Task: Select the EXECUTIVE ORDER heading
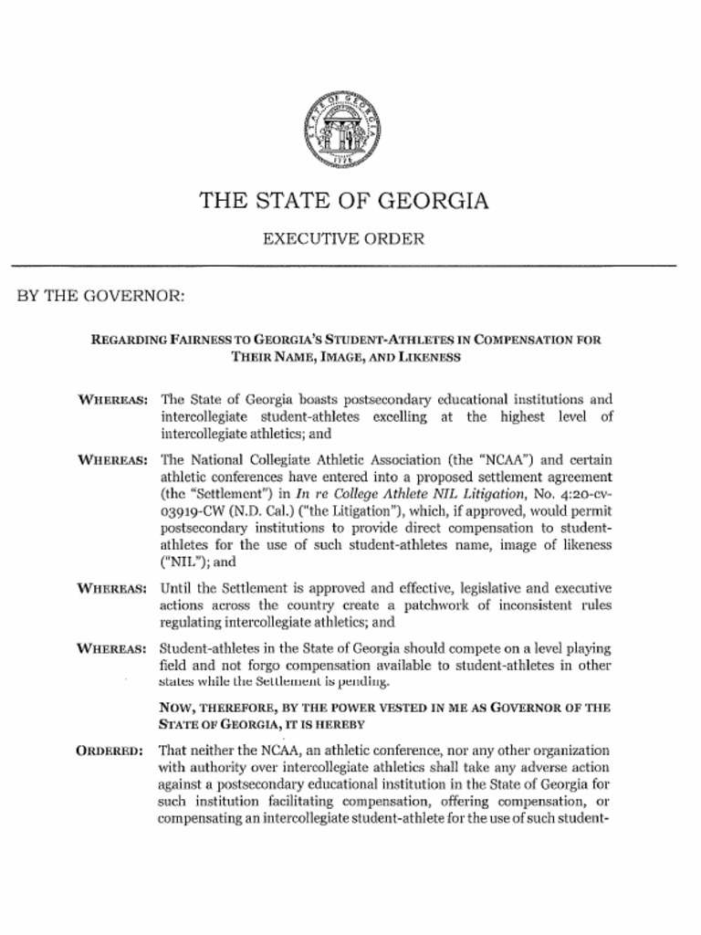click(343, 239)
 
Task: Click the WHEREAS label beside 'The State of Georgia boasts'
click(113, 400)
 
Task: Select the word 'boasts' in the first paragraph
click(294, 400)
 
